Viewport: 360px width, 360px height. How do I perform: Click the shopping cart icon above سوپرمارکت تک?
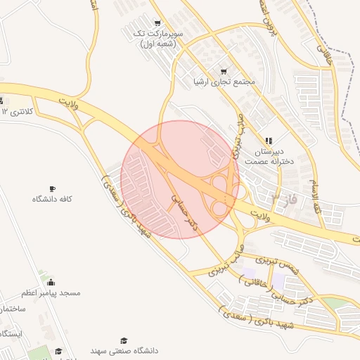(x=156, y=23)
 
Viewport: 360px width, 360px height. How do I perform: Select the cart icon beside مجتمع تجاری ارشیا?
(x=224, y=71)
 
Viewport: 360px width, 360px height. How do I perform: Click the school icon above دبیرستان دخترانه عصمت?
(x=268, y=141)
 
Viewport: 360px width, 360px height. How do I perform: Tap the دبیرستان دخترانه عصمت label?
(x=268, y=156)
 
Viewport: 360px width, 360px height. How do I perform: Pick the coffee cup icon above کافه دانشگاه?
(x=52, y=188)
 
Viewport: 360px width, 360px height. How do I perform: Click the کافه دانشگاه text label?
(x=52, y=200)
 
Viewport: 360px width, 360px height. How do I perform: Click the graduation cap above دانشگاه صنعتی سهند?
(x=124, y=340)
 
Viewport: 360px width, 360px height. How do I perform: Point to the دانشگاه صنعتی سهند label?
(x=124, y=350)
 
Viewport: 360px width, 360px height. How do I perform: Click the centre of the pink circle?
(x=180, y=179)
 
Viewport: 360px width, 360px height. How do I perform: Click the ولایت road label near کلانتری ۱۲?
(x=67, y=103)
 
